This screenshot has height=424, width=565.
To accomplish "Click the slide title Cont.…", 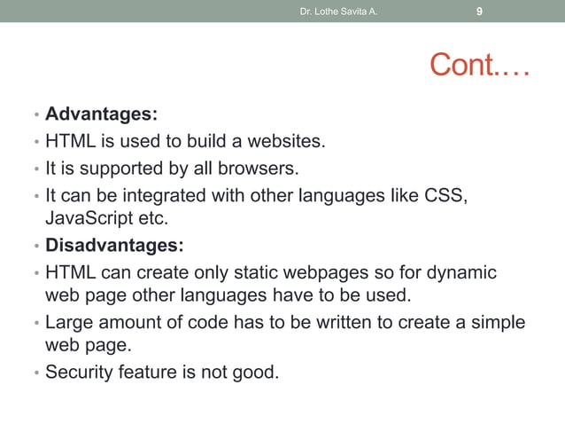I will coord(479,65).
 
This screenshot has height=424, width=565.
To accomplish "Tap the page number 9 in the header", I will coord(479,12).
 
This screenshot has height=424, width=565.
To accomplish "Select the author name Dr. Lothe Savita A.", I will coord(339,12).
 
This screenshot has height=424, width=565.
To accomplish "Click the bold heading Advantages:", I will coord(101,114).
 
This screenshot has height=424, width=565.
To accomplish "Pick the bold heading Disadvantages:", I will coord(114,244).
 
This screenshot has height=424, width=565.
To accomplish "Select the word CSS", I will coord(445,193).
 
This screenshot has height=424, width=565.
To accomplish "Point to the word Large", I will coord(69,322).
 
